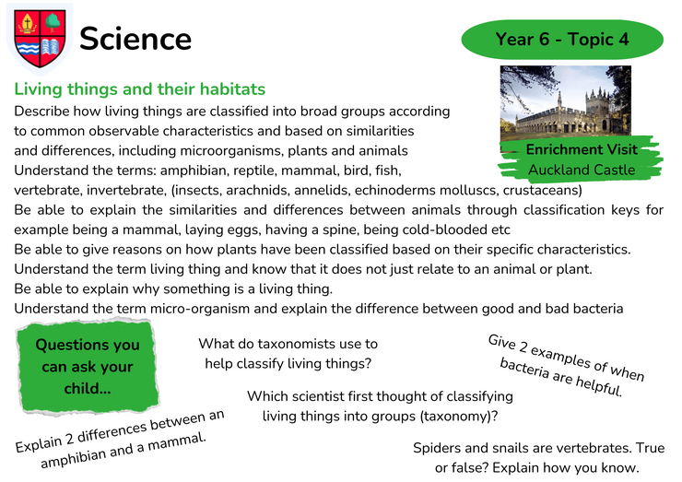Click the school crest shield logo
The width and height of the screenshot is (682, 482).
click(x=40, y=39)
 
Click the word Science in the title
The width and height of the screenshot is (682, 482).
click(x=135, y=39)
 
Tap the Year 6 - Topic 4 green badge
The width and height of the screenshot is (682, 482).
click(x=562, y=39)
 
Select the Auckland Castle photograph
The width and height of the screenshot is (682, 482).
click(x=566, y=101)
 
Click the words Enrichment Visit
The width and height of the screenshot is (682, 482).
click(x=582, y=149)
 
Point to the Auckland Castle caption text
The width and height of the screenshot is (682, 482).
click(x=582, y=170)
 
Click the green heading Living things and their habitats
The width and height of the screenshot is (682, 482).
click(x=139, y=89)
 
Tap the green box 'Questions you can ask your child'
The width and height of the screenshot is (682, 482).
click(x=88, y=366)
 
